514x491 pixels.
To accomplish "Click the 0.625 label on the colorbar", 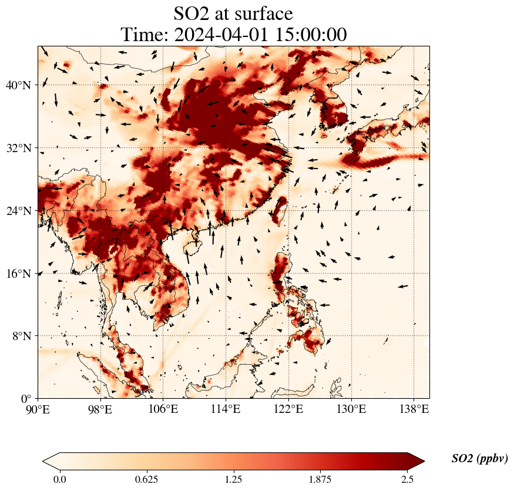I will pyautogui.click(x=146, y=479).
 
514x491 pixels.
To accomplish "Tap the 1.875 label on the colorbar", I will pyautogui.click(x=320, y=479).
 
